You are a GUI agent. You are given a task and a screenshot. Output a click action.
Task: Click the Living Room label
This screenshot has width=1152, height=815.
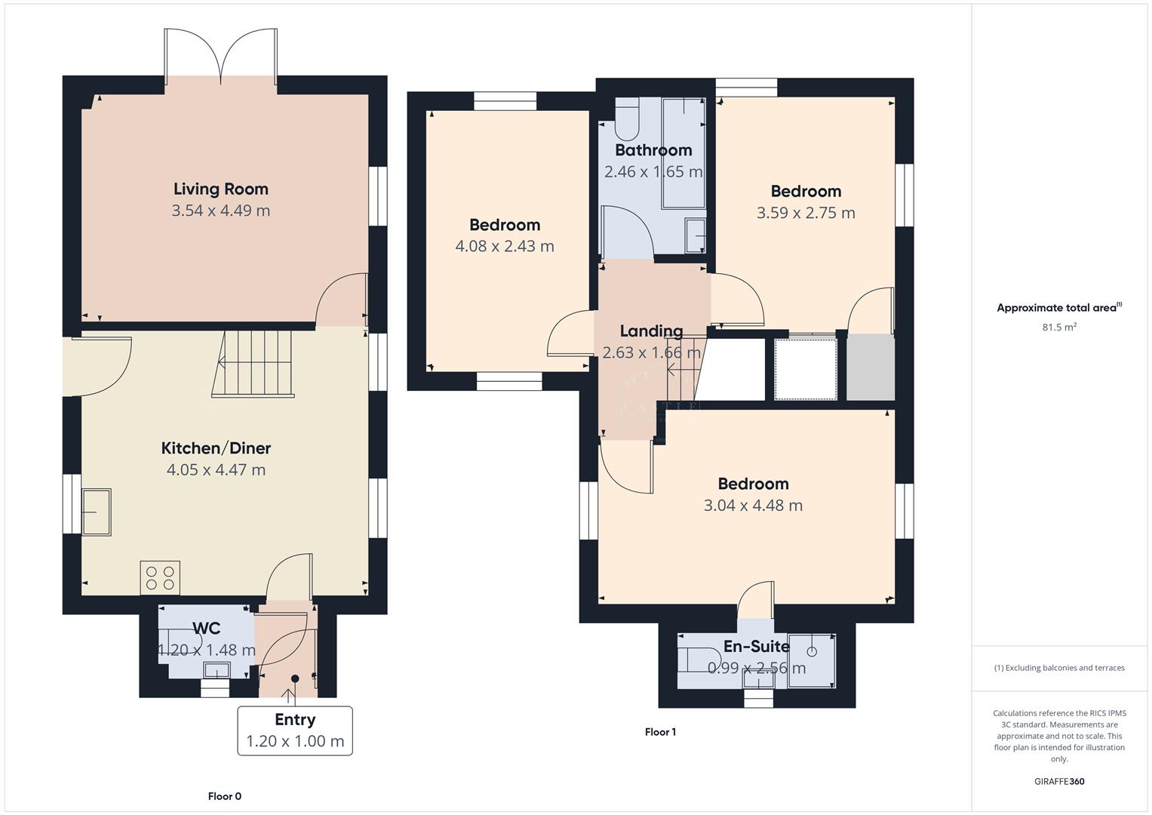[220, 189]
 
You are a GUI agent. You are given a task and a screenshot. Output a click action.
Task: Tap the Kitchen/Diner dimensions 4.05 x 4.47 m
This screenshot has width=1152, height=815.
[216, 469]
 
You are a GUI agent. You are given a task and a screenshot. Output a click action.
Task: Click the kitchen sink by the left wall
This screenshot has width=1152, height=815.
[97, 512]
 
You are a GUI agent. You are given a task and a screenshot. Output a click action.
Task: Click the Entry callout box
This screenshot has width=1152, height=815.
[295, 730]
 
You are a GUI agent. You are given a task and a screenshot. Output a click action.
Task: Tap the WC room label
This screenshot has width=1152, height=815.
[206, 629]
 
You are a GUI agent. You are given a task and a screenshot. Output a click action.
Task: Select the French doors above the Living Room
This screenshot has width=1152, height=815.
[221, 55]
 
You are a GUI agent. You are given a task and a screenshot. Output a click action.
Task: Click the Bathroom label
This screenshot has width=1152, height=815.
[653, 150]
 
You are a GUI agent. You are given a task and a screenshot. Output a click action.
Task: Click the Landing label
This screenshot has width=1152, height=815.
[651, 331]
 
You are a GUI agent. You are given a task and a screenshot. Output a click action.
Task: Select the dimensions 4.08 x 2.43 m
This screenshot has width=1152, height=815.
[505, 246]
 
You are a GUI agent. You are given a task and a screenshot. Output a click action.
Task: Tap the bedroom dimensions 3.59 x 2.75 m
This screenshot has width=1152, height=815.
[806, 213]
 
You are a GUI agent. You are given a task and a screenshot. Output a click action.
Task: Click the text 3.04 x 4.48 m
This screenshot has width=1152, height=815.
[753, 506]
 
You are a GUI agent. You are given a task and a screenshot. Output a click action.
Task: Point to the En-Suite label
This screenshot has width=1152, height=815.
[757, 647]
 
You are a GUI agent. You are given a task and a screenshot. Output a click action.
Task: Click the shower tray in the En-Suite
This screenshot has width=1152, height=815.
[812, 661]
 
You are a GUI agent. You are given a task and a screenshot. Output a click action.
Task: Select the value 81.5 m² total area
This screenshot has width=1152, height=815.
[1058, 328]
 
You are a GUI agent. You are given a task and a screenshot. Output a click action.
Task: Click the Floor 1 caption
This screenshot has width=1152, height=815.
[660, 732]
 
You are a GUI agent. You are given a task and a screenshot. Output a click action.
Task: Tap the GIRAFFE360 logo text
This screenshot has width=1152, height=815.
[1059, 782]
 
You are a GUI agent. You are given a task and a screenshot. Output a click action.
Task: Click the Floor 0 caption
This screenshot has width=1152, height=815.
[225, 796]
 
